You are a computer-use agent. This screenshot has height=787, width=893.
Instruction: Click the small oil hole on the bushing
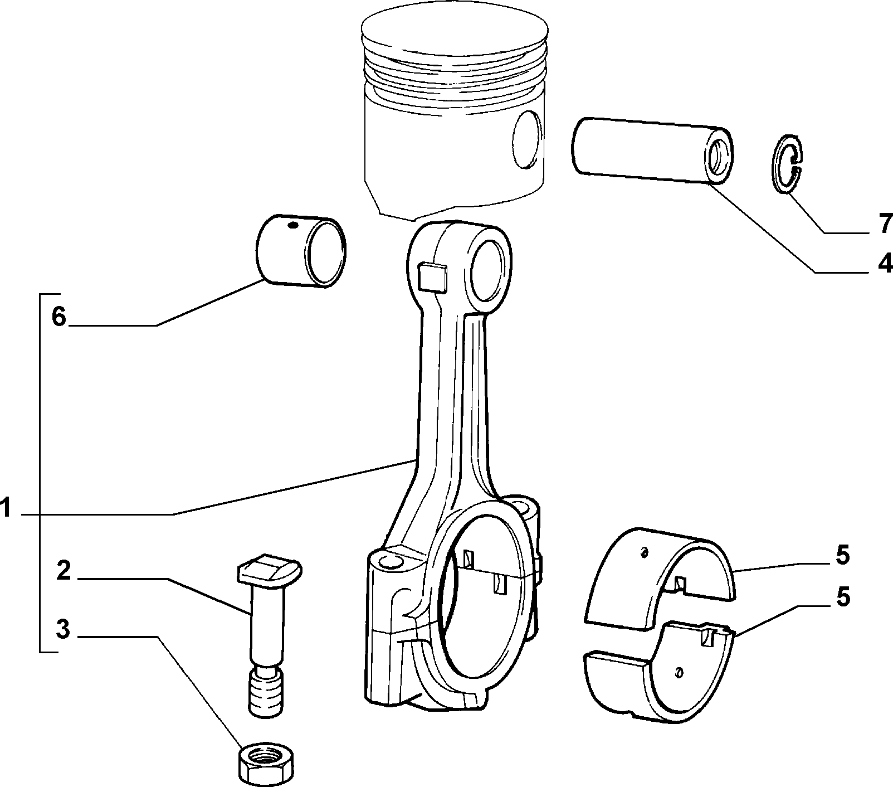point(293,225)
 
